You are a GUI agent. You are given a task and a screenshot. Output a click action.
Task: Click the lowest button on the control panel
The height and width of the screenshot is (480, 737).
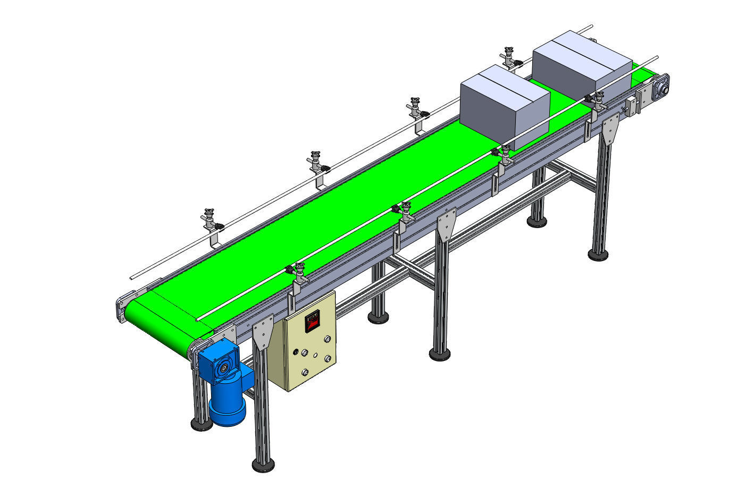point(306,372)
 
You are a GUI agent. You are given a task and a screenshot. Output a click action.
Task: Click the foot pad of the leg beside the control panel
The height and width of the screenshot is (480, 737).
point(264,466)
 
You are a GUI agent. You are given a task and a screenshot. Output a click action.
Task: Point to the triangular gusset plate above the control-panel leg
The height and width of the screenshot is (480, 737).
point(263,333)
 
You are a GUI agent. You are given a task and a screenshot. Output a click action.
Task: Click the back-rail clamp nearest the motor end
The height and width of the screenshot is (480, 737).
point(212,222)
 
